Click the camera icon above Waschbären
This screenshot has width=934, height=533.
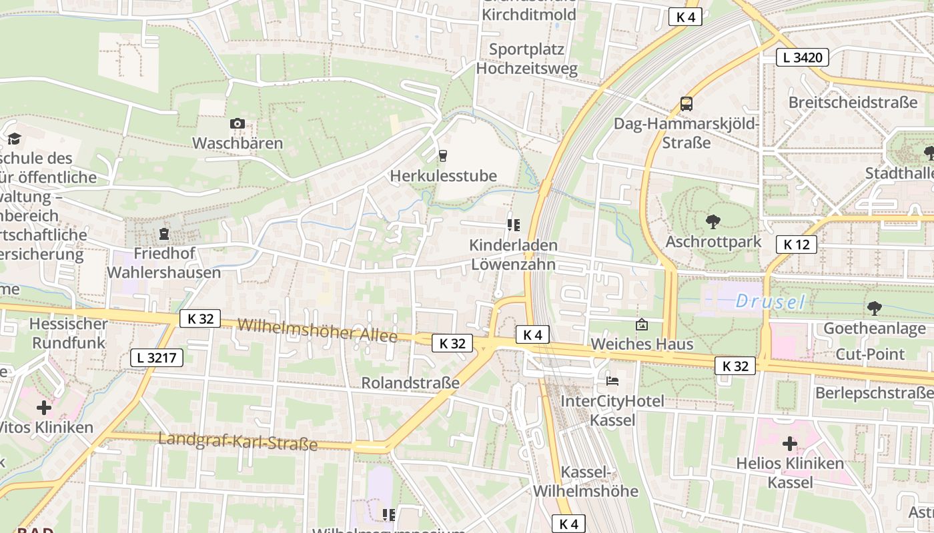[237, 123]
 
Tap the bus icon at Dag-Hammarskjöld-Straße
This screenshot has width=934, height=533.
[686, 103]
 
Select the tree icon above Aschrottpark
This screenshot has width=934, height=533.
[713, 221]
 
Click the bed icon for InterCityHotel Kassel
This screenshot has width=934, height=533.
[612, 381]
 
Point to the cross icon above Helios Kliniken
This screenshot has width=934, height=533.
[790, 443]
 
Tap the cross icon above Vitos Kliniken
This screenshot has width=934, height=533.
[44, 407]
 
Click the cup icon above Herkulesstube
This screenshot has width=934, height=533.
[442, 156]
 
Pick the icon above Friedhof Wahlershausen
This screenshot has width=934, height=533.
[163, 234]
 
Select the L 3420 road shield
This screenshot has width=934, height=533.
[803, 57]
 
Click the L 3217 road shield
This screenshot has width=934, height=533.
[156, 358]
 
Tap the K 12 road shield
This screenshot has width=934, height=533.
[796, 245]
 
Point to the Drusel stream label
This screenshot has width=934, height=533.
[770, 302]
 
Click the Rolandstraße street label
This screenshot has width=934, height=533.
[410, 382]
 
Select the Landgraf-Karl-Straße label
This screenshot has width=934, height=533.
[238, 441]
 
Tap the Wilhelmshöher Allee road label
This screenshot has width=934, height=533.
[317, 330]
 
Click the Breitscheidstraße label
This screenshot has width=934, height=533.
[853, 103]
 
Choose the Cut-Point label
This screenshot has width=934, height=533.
[870, 354]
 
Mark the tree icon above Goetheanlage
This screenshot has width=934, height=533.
[874, 308]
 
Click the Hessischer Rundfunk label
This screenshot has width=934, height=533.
[69, 333]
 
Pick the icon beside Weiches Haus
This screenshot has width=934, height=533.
[641, 324]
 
